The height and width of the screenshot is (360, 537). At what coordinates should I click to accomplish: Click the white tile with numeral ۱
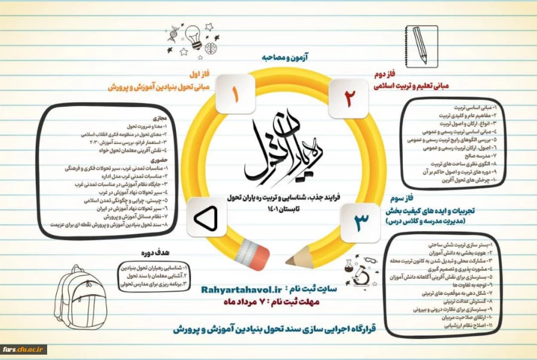234,94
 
